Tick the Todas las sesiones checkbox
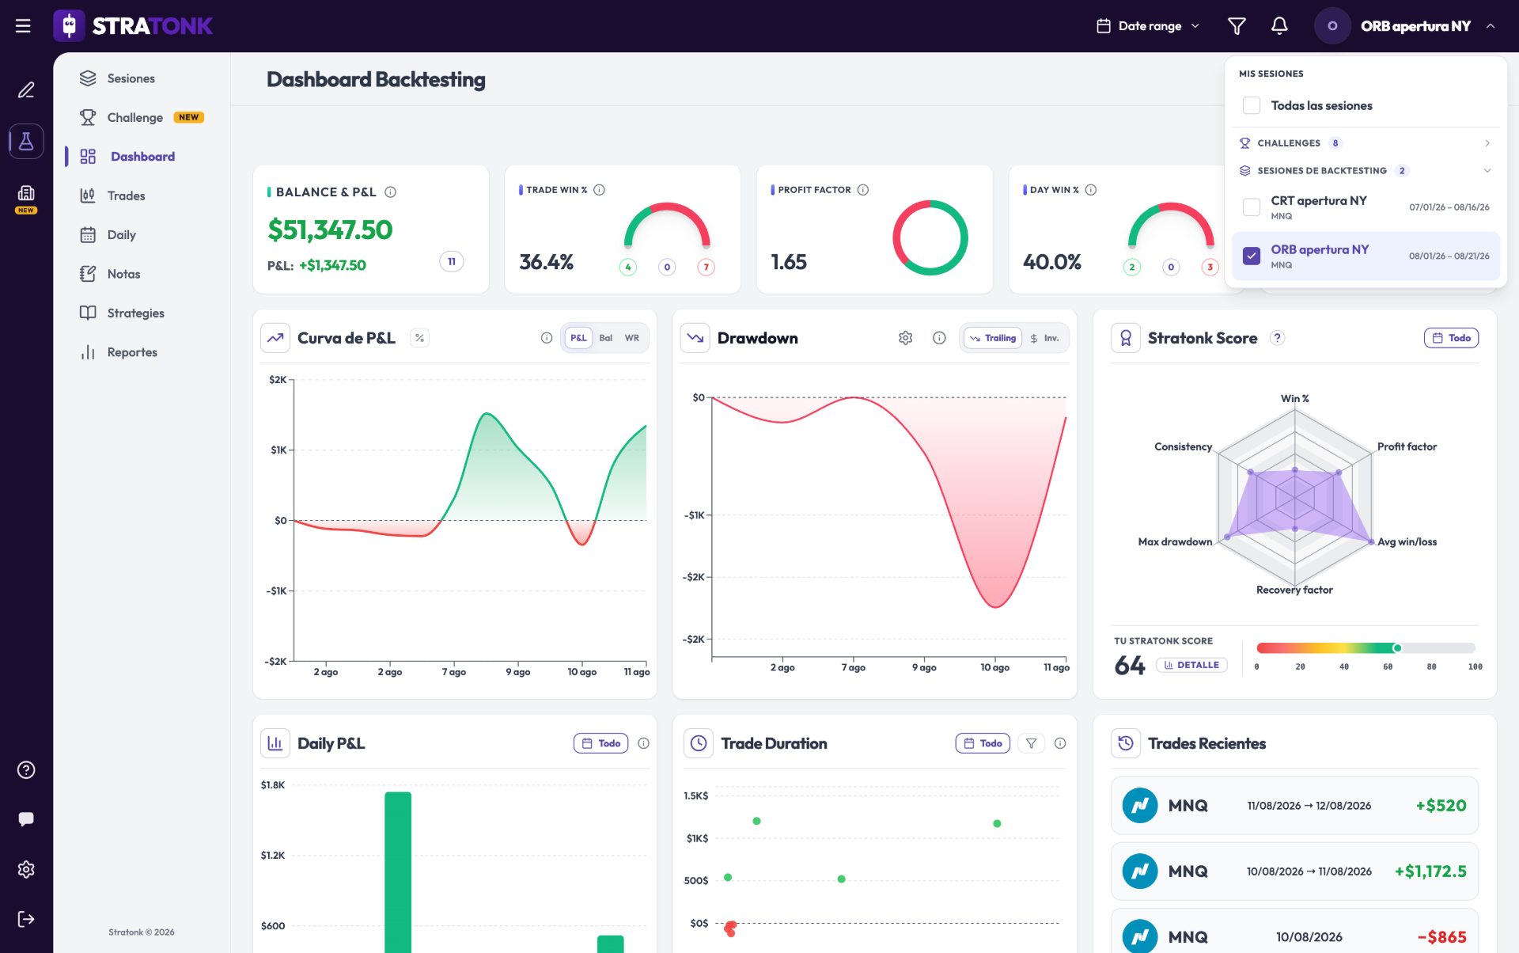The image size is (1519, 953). tap(1252, 105)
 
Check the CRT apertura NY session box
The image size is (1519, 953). tap(1252, 207)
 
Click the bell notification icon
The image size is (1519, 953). tap(1279, 26)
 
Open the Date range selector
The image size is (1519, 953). tap(1149, 26)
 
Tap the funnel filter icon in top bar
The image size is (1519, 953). tap(1237, 26)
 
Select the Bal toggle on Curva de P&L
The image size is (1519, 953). tap(606, 338)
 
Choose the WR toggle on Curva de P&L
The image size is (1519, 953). tap(632, 338)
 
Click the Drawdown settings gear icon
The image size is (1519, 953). tap(906, 338)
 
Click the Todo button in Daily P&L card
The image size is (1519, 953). tap(601, 743)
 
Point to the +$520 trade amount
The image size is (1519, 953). tap(1441, 806)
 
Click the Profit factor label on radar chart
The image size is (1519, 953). tap(1407, 446)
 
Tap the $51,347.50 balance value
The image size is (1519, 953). tap(330, 230)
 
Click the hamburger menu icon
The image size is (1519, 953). tap(24, 26)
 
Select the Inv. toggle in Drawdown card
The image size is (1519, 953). tap(1044, 338)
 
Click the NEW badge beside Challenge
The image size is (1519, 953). tap(189, 117)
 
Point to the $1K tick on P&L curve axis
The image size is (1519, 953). tap(279, 450)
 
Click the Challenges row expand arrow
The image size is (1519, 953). tap(1487, 143)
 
